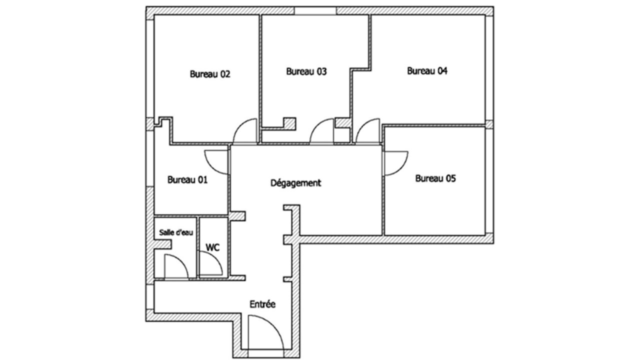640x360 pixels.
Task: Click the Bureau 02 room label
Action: click(210, 74)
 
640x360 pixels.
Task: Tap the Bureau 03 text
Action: click(306, 71)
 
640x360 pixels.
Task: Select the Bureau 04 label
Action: click(427, 71)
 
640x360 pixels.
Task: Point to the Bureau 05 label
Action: click(435, 178)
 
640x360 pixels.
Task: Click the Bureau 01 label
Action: click(187, 179)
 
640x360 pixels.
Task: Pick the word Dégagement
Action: click(295, 183)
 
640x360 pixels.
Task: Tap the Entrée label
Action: click(262, 304)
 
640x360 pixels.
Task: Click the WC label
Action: click(213, 247)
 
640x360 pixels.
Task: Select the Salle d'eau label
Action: click(176, 232)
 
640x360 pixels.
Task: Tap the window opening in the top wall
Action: click(315, 10)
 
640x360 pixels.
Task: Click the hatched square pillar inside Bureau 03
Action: click(289, 123)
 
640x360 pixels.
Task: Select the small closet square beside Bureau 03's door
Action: click(342, 135)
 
